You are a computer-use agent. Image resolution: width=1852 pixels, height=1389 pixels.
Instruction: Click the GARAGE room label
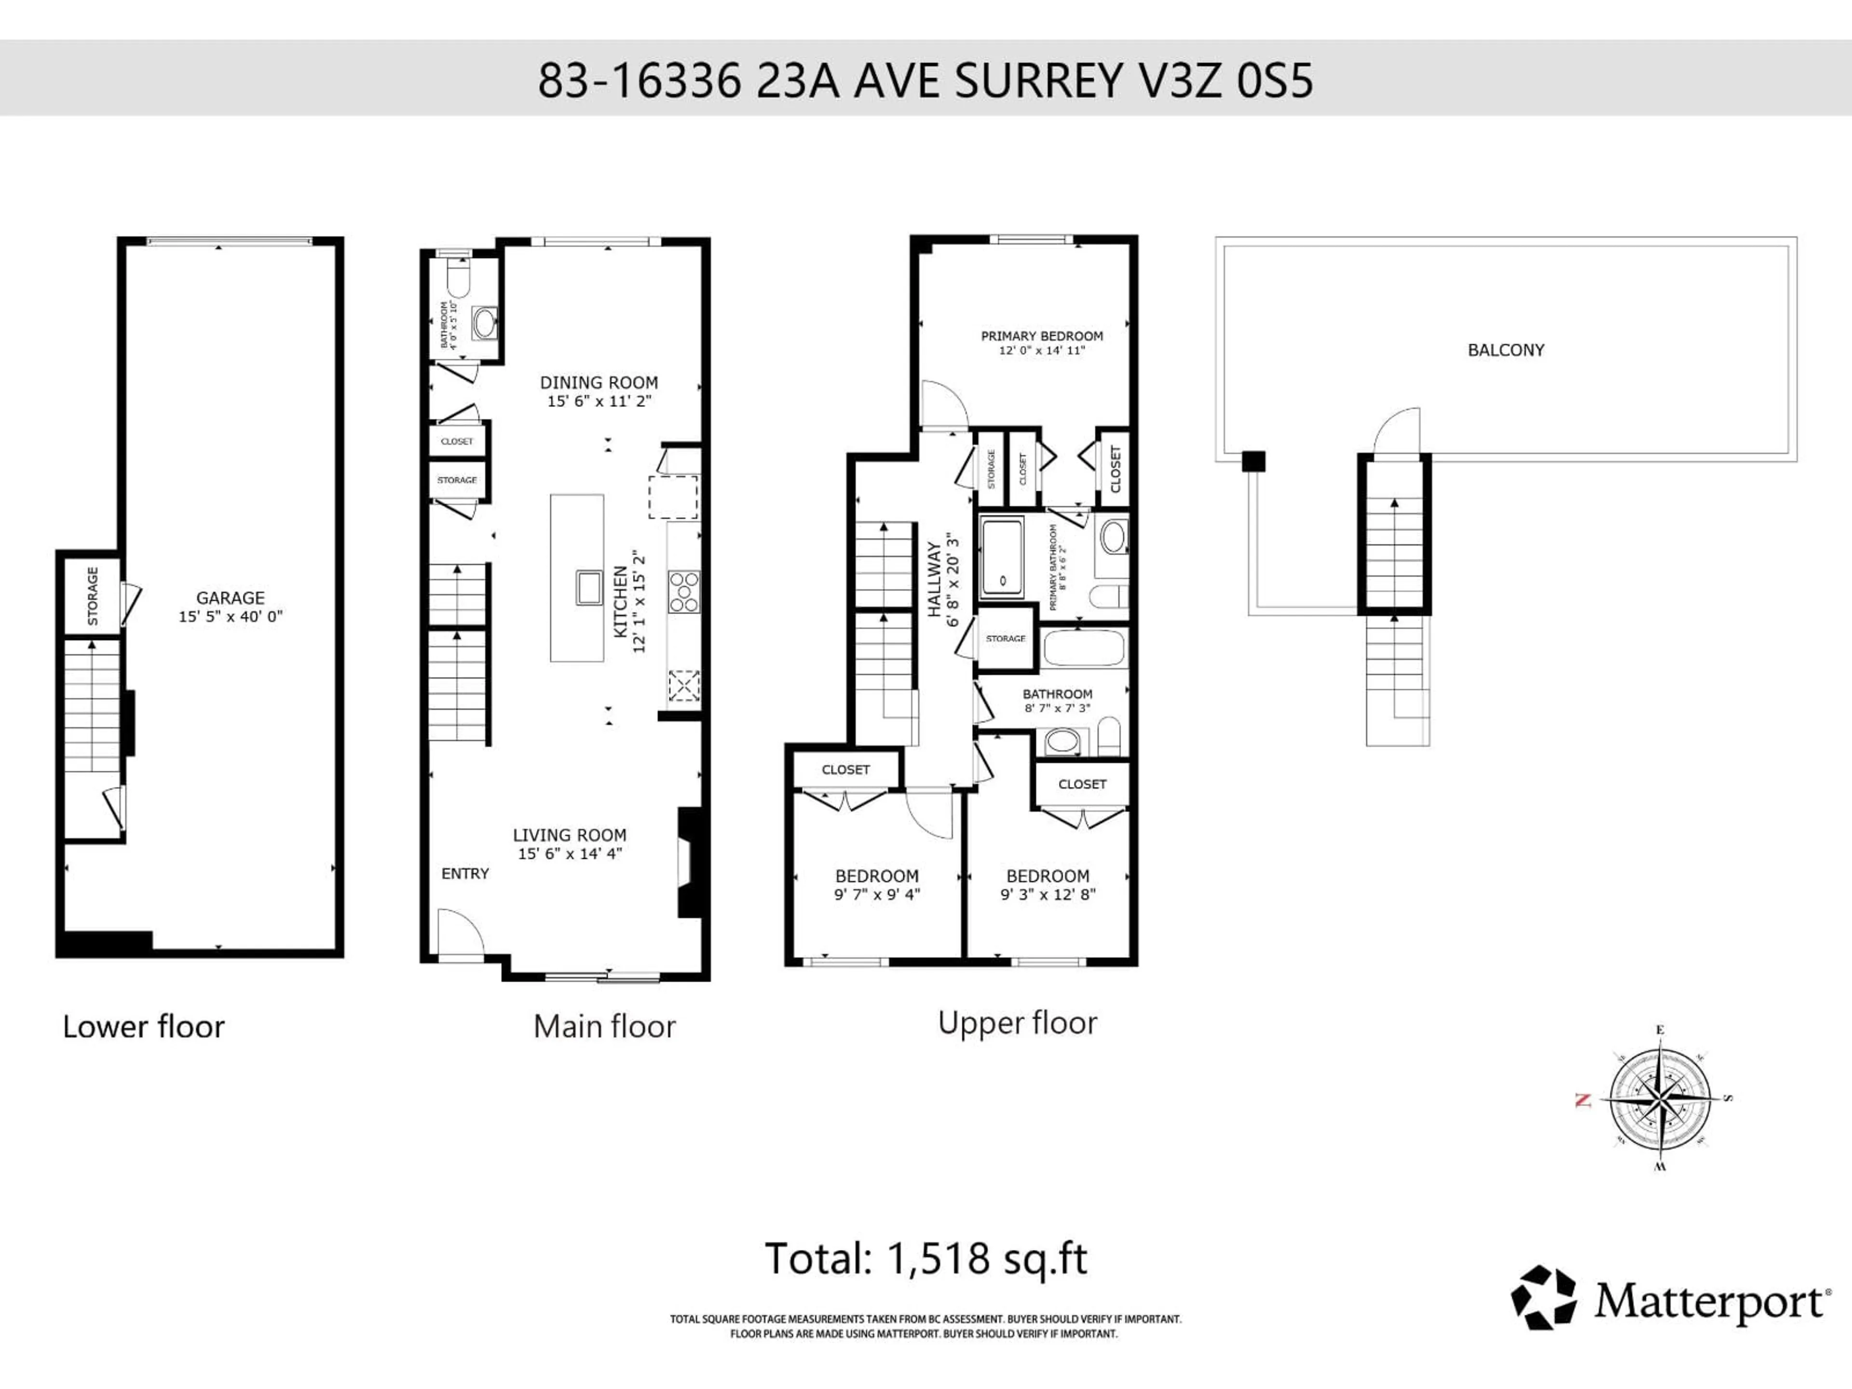230,598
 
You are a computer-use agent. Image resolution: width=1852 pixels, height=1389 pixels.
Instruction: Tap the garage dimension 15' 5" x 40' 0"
230,617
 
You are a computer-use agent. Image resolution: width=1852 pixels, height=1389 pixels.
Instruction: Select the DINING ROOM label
599,382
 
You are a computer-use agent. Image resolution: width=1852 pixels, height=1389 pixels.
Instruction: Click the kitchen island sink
588,587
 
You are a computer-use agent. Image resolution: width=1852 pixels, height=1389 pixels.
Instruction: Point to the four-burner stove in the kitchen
684,592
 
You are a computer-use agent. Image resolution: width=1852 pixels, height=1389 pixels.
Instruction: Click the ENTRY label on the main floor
464,873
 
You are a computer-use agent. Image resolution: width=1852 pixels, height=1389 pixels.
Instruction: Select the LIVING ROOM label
569,835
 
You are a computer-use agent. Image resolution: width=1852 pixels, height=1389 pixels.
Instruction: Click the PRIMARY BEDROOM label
1042,336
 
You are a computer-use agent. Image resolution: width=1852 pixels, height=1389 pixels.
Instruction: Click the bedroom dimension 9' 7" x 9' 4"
877,894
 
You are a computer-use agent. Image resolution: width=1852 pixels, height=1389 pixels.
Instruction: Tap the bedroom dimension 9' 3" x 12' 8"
1048,894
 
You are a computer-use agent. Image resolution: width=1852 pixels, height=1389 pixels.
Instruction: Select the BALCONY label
1505,350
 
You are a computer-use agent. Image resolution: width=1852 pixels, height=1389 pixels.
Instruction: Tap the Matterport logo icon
1543,1298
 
